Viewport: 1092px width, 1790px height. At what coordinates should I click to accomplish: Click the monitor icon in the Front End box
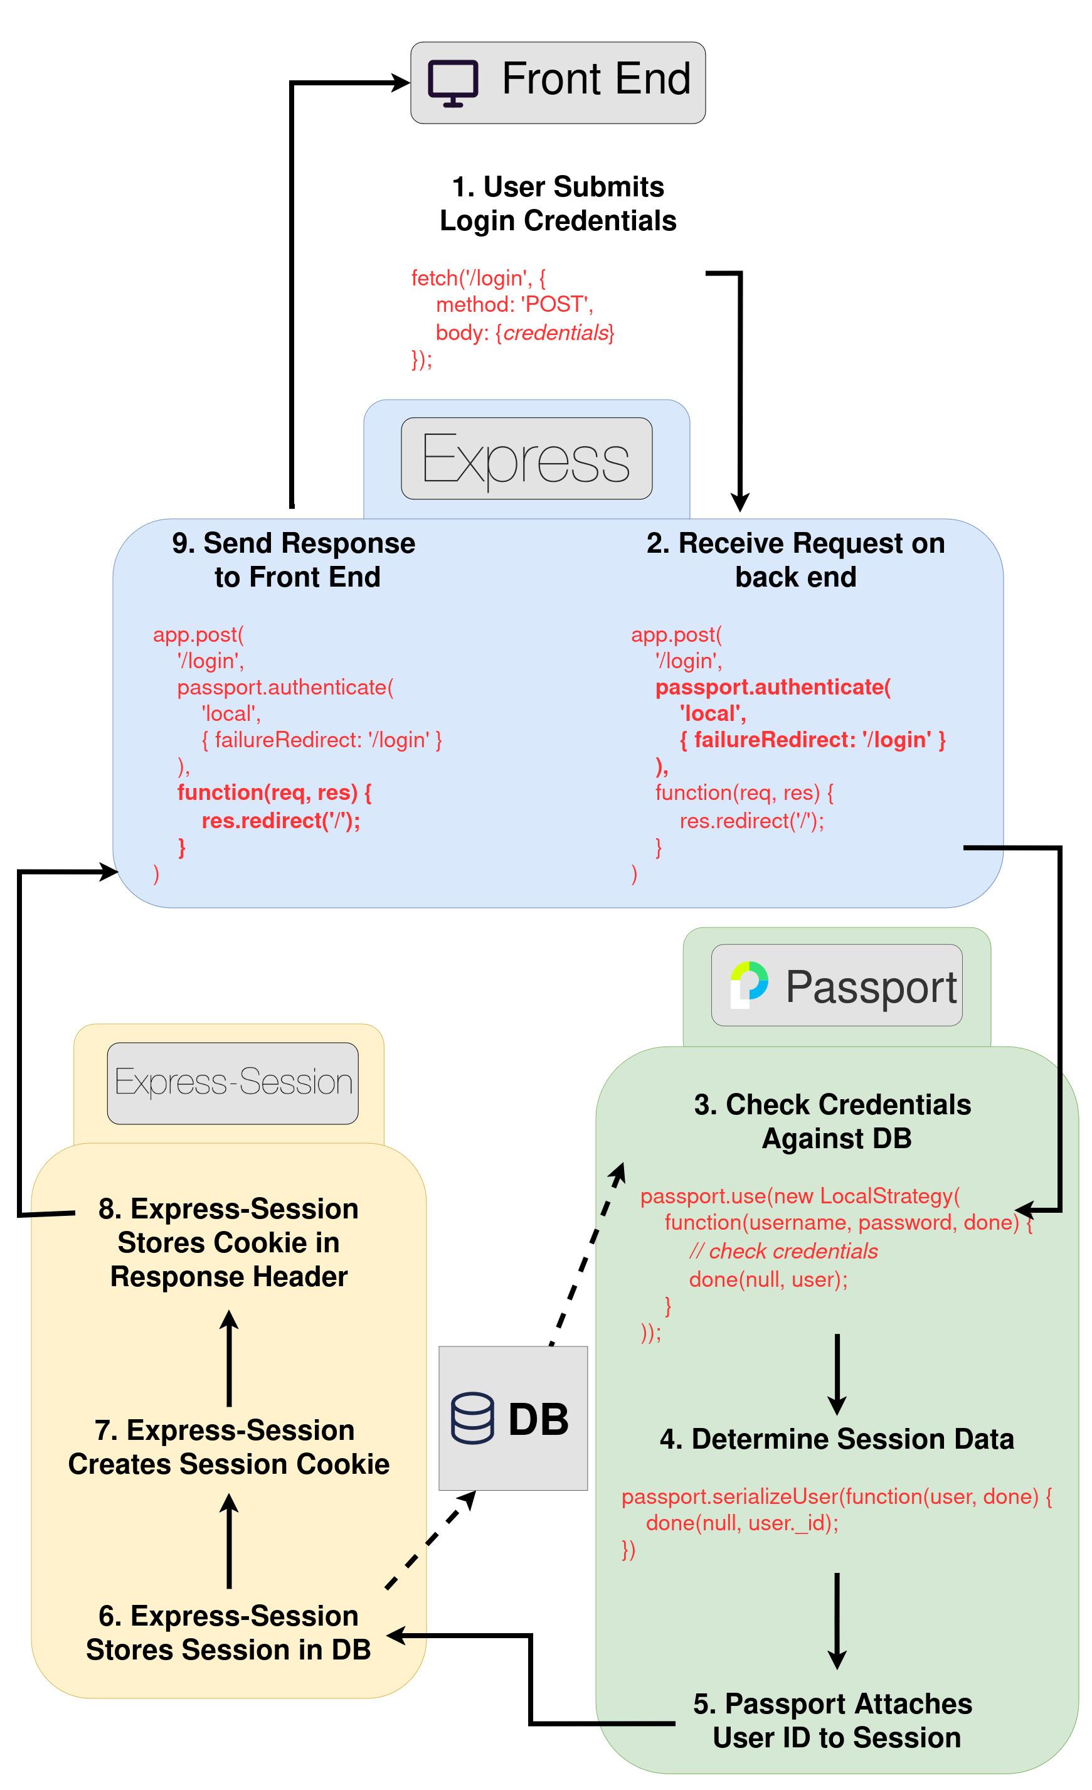pos(453,83)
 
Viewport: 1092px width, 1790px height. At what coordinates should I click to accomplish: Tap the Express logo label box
pos(526,459)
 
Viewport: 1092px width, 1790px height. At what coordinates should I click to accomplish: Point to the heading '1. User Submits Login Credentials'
pos(558,203)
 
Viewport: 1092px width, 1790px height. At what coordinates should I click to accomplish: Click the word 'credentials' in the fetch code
pos(556,333)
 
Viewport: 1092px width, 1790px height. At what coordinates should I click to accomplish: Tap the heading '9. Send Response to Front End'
pos(294,560)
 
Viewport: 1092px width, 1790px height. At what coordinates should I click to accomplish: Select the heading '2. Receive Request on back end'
pos(795,560)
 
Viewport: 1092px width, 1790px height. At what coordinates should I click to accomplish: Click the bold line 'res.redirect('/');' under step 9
pos(281,820)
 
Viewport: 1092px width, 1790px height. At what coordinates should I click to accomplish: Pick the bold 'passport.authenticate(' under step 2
pos(773,686)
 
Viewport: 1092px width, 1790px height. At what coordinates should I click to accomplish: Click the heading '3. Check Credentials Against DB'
pos(833,1121)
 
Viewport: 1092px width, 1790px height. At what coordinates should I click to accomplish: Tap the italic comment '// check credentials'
pos(783,1250)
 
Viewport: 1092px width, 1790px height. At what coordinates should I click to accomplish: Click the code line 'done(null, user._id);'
pos(742,1522)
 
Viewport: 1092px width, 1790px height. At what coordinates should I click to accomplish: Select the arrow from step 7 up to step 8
pos(230,1358)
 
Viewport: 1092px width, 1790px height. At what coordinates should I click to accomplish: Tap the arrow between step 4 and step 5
pos(837,1620)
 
